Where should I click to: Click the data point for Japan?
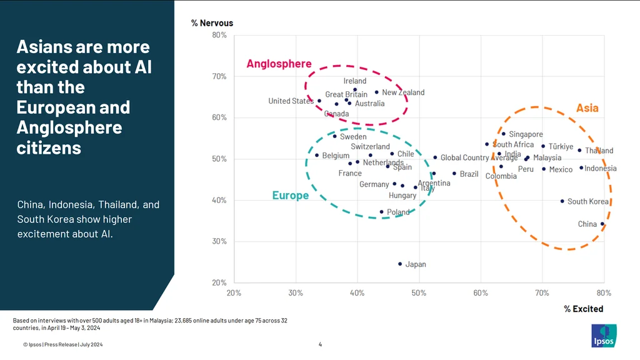coord(400,264)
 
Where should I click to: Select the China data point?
coord(602,224)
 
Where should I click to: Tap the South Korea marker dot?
coord(562,201)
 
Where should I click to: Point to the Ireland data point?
coord(355,89)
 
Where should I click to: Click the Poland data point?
coord(382,212)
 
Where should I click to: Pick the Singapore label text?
coord(526,134)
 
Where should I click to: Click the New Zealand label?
coord(403,92)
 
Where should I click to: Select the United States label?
coord(291,101)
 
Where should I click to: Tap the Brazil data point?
coord(454,174)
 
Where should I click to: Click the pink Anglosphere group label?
coord(279,64)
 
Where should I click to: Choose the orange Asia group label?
coord(587,108)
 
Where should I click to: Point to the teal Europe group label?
coord(291,196)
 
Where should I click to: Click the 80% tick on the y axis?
coord(219,35)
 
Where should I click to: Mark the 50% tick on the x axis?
coord(419,292)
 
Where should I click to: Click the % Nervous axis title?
coord(212,23)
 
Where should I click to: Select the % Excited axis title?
coord(583,309)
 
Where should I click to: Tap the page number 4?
coord(320,344)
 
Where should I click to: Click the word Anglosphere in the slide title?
coord(69,127)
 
